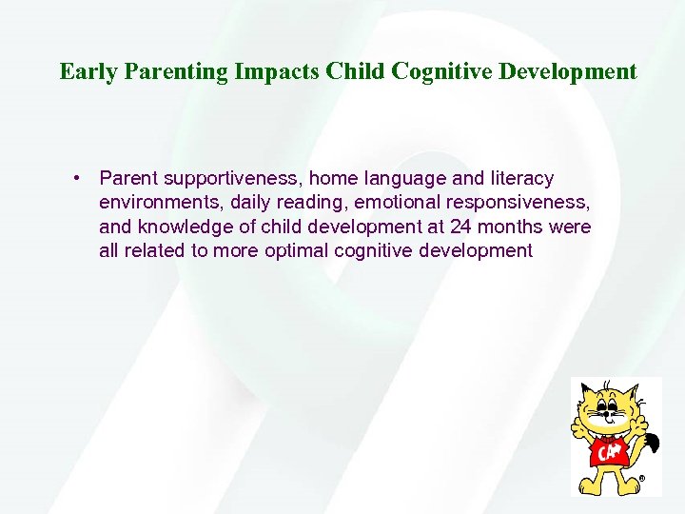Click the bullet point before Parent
click(75, 178)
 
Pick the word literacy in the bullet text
click(518, 178)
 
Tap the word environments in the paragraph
click(153, 203)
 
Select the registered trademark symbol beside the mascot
click(642, 479)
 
